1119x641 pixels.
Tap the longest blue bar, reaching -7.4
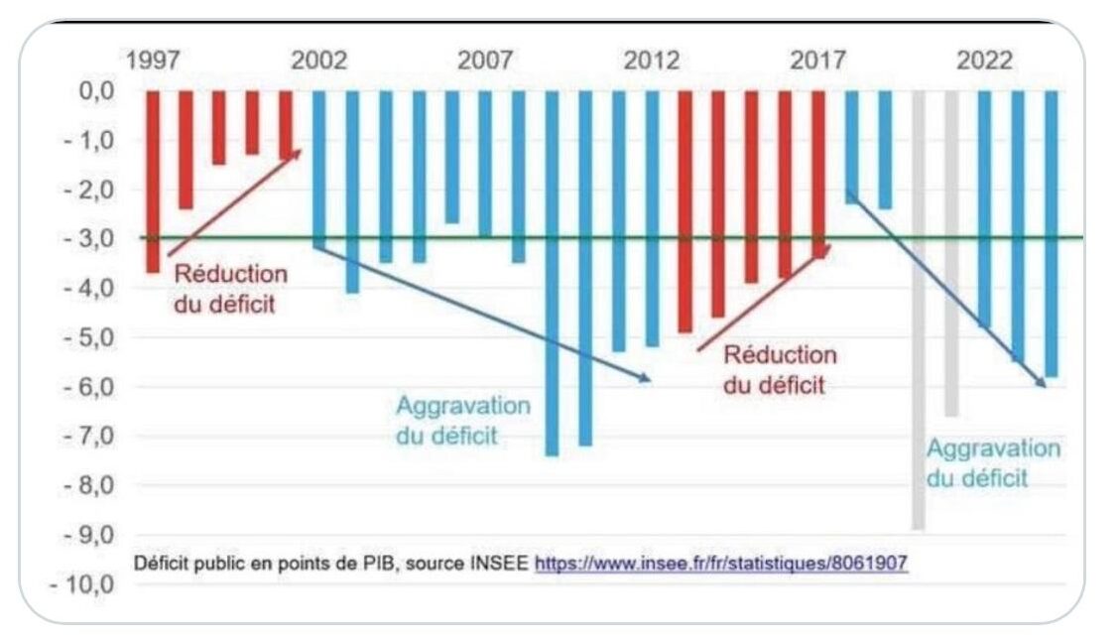coord(552,273)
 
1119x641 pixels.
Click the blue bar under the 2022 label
coord(984,208)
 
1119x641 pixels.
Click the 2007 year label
coord(485,61)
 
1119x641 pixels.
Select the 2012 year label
coord(652,61)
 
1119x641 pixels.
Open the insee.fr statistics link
coord(721,564)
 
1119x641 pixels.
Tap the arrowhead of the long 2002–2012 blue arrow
coord(647,378)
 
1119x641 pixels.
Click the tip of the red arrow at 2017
coord(827,249)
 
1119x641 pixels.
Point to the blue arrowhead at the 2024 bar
coord(1042,383)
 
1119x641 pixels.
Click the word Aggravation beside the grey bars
coord(993,448)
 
